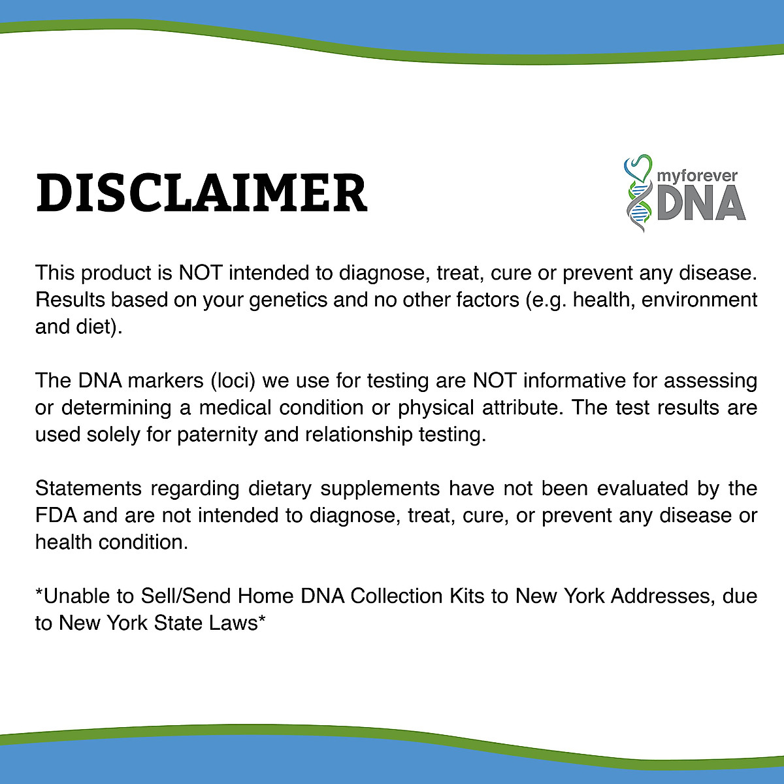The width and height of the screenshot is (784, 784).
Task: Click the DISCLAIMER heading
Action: click(202, 193)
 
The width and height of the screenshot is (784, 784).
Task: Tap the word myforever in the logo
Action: click(697, 176)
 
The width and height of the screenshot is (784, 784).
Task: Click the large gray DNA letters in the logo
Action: click(701, 203)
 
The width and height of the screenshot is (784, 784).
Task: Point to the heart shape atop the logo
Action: click(638, 168)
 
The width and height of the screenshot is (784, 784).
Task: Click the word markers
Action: click(165, 381)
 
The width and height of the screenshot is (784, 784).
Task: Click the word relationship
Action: click(359, 435)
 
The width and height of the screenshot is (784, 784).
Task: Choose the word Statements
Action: click(88, 488)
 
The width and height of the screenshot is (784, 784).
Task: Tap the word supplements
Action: click(380, 489)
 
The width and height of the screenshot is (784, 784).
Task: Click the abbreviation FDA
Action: click(56, 515)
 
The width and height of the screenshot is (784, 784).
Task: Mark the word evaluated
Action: click(642, 488)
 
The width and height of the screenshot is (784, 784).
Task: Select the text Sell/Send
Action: click(186, 596)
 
